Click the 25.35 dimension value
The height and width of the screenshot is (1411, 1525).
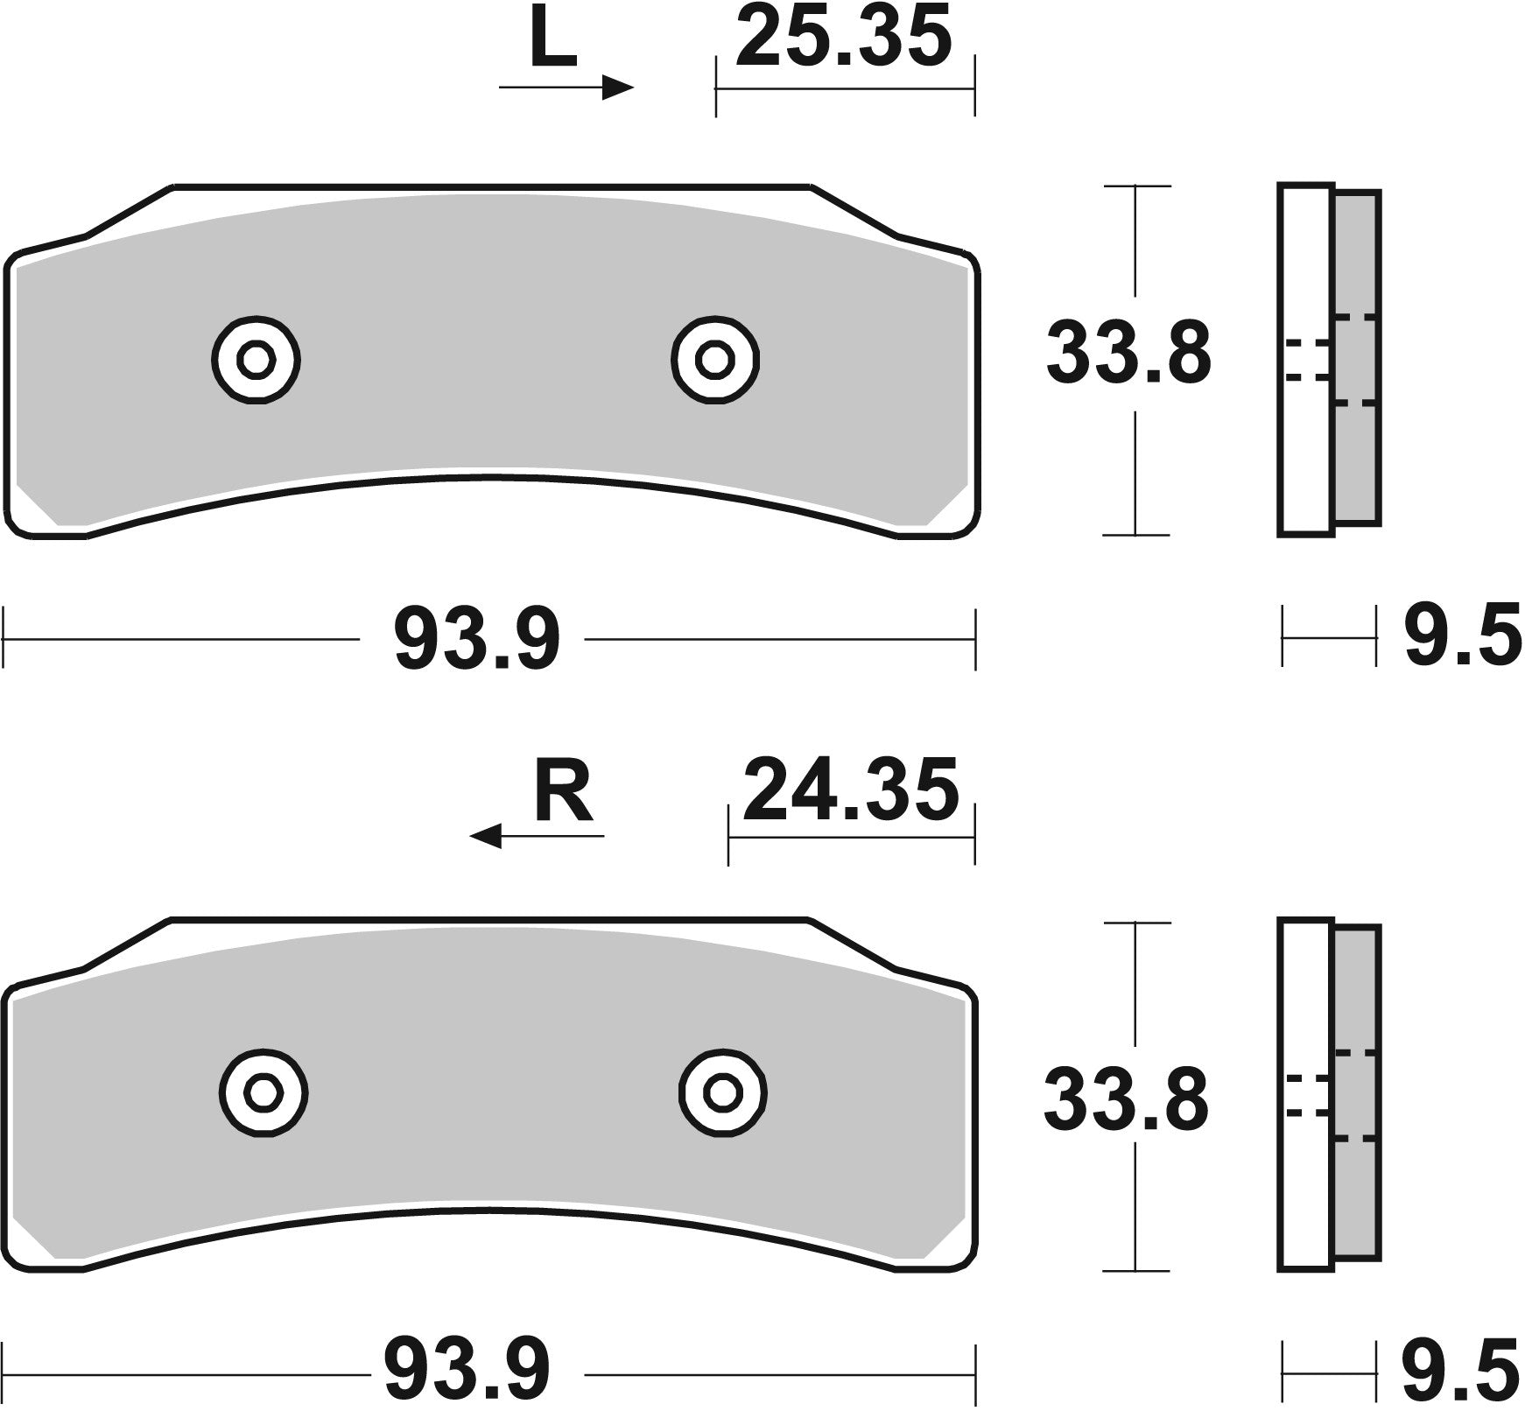[x=843, y=37]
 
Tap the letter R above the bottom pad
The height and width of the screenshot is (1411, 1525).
[x=564, y=794]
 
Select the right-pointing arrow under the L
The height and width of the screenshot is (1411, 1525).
[x=566, y=88]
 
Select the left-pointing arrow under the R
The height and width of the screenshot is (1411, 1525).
[x=536, y=836]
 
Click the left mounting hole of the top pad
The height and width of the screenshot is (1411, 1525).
[x=256, y=359]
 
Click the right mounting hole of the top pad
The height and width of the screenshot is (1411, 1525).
[x=714, y=359]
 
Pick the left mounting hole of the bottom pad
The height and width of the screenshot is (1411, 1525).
[x=262, y=1092]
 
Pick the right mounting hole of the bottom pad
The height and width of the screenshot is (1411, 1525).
[x=723, y=1092]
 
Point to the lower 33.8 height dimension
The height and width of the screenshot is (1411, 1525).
[x=1126, y=1099]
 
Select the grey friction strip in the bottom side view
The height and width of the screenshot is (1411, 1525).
[x=1358, y=1094]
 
